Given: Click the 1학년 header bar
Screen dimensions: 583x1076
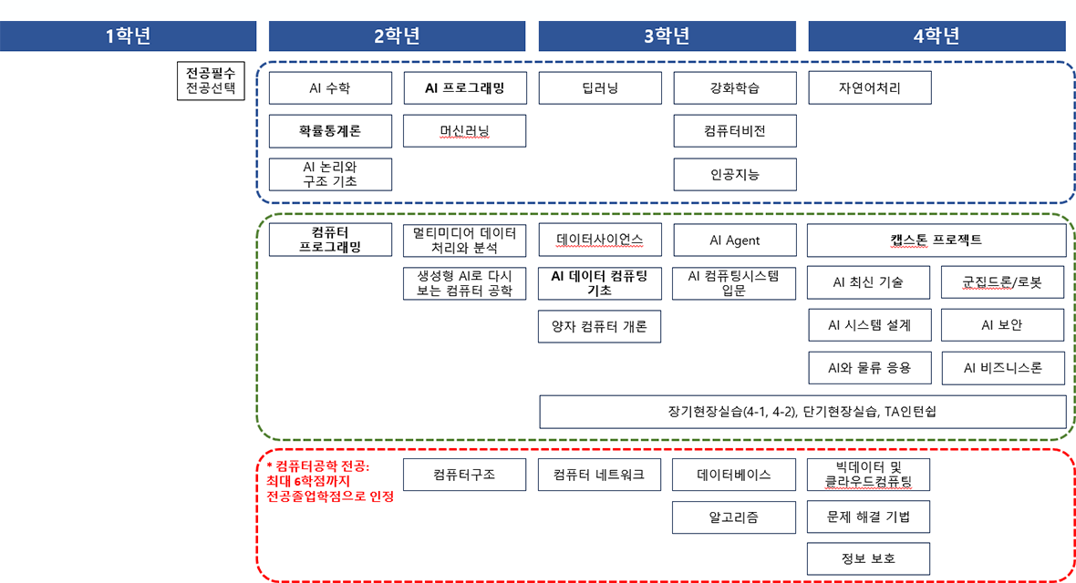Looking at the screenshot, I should point(128,36).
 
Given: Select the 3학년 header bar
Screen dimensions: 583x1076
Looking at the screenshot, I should point(667,36).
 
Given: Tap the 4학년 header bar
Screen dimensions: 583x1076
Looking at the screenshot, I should point(936,36).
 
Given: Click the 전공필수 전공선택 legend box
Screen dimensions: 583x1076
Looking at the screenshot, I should point(211,80).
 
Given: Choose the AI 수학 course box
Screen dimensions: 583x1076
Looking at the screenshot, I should point(330,88).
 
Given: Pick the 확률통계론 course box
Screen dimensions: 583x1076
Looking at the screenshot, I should point(330,131).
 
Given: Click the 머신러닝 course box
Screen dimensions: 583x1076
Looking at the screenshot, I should point(464,131).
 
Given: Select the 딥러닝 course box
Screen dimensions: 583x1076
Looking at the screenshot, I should point(600,88).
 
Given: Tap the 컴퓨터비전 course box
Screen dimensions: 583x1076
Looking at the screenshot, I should point(735,131).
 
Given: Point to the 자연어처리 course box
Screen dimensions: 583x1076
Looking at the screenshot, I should point(870,88).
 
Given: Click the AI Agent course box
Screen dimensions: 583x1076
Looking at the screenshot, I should point(735,240).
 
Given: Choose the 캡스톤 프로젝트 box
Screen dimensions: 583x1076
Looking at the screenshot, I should point(936,240).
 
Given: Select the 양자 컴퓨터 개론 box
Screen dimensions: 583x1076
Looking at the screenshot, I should point(600,326).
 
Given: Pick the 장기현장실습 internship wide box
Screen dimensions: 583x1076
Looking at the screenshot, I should point(802,411).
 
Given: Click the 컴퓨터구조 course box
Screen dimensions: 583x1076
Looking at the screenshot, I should point(464,475).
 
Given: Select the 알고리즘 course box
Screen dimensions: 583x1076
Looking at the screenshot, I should point(735,517).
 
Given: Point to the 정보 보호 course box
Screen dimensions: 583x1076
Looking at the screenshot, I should point(868,559).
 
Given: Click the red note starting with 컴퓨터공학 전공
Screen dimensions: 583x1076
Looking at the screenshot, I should point(330,481).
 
